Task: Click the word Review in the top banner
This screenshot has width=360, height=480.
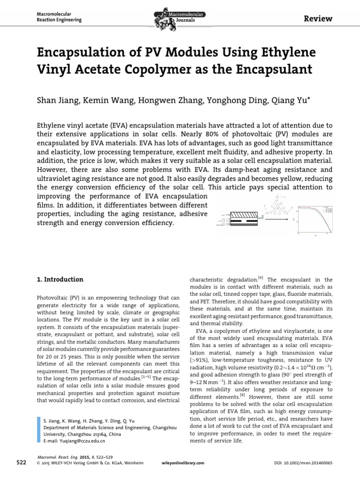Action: tap(319, 19)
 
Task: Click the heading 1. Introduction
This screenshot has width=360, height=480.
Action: tap(60, 280)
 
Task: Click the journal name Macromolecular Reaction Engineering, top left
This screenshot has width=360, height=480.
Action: tap(59, 17)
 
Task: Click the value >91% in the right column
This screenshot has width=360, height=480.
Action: tap(199, 360)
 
